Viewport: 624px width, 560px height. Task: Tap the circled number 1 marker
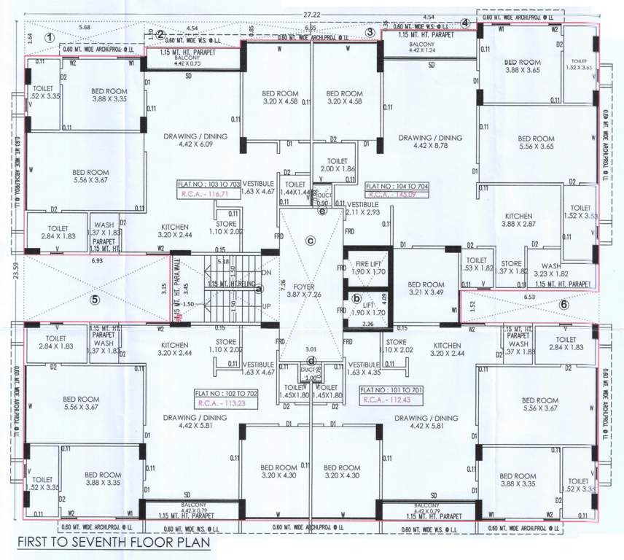49,37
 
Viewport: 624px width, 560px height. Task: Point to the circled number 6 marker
563,304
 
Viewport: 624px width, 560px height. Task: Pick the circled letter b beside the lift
356,297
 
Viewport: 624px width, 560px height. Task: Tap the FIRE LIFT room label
368,266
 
